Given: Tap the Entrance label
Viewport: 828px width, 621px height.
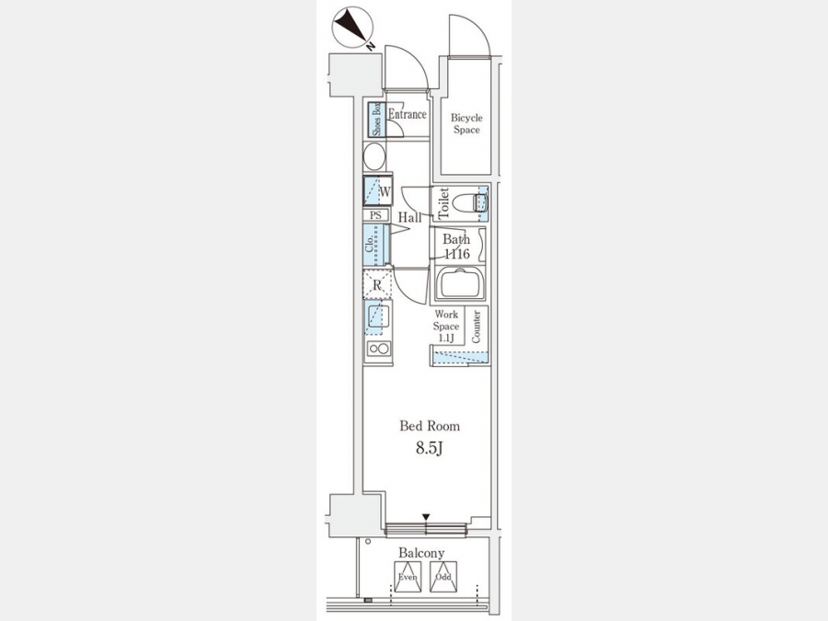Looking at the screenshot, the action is click(x=408, y=114).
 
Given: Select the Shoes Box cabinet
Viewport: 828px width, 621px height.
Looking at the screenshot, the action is click(x=376, y=120).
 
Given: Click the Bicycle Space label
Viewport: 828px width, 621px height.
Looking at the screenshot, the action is click(x=466, y=123).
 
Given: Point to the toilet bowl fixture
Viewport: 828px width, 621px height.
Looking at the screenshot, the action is click(x=473, y=203).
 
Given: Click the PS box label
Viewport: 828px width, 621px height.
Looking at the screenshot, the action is click(x=375, y=215).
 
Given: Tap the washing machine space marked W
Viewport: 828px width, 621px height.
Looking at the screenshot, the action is click(x=377, y=191).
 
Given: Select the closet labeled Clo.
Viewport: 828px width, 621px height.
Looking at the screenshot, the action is click(x=376, y=245).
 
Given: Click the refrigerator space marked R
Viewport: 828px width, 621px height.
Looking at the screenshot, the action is click(x=377, y=284).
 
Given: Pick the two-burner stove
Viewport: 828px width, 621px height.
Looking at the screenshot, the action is click(x=379, y=349).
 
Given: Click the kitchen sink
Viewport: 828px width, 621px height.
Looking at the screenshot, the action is click(x=377, y=317).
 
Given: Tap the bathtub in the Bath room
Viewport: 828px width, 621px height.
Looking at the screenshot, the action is click(x=459, y=283).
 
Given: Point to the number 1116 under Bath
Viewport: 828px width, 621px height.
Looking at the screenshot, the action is click(x=456, y=254).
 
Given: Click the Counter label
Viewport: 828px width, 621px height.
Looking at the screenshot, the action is click(x=476, y=327).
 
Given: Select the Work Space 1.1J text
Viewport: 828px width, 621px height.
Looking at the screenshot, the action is click(x=446, y=327).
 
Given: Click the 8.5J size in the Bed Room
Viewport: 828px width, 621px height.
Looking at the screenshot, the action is click(x=429, y=448).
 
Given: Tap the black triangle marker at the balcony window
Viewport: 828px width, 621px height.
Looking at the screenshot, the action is click(x=426, y=516).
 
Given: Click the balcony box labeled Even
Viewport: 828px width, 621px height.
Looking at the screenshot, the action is click(x=408, y=576).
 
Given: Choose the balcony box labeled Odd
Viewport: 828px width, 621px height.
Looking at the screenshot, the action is click(x=443, y=576).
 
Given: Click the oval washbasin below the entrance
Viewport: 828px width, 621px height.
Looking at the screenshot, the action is click(x=375, y=156).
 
